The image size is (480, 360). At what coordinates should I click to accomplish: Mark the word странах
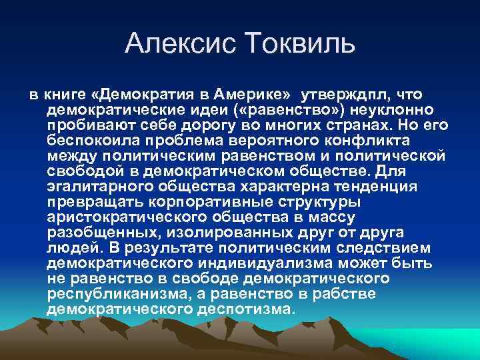click(x=377, y=125)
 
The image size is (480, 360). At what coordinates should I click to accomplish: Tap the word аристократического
click(x=123, y=217)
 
